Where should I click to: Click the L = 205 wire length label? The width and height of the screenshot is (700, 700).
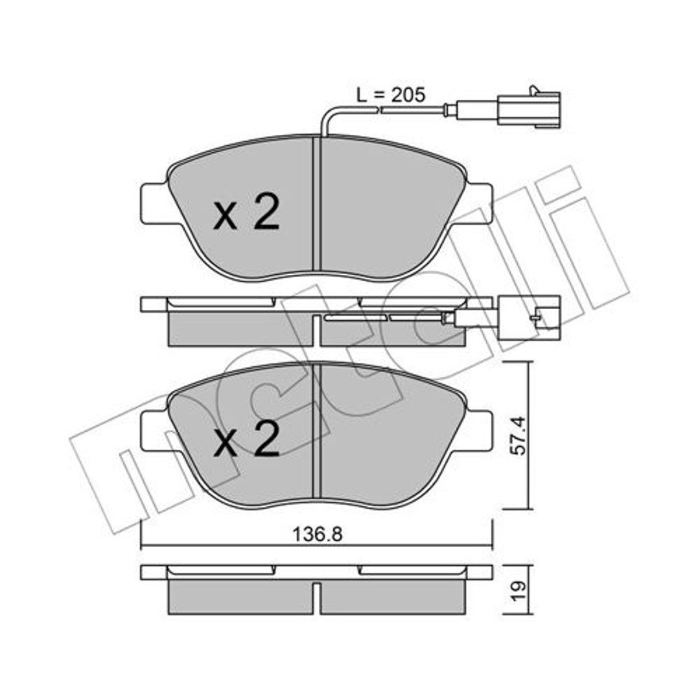[391, 95]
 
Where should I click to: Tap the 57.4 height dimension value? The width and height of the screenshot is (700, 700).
[519, 436]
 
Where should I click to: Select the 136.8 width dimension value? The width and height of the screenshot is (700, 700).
[318, 534]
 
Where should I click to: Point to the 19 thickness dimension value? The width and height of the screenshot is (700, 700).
[519, 591]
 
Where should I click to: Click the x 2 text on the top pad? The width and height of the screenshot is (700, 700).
[246, 212]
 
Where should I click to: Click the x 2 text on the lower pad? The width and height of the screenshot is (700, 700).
[246, 439]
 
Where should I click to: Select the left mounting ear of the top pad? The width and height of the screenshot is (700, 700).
[154, 204]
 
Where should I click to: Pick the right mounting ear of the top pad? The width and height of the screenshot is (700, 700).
[478, 204]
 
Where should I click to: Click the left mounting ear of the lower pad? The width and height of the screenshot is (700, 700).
[154, 431]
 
